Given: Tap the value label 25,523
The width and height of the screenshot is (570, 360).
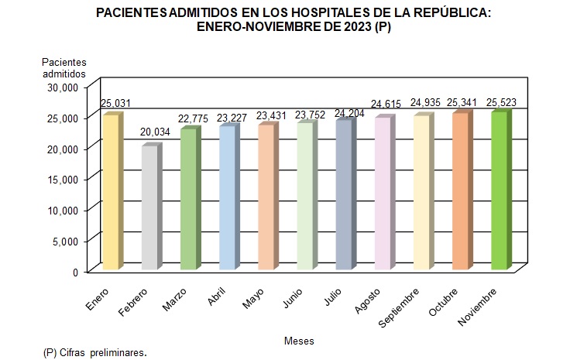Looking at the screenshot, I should (501, 102).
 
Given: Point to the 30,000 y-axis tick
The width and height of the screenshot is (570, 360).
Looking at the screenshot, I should (64, 87).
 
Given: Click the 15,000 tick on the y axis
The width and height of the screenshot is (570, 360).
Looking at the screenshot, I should (64, 179).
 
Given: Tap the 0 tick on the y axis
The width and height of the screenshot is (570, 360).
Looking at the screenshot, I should (76, 272).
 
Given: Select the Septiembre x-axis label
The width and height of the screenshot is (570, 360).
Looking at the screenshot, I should (403, 305).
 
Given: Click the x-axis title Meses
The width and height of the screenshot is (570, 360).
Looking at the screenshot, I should (299, 341).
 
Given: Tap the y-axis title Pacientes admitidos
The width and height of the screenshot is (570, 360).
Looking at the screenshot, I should (64, 67).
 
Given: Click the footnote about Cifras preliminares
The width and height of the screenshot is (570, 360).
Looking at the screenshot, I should (95, 352).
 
